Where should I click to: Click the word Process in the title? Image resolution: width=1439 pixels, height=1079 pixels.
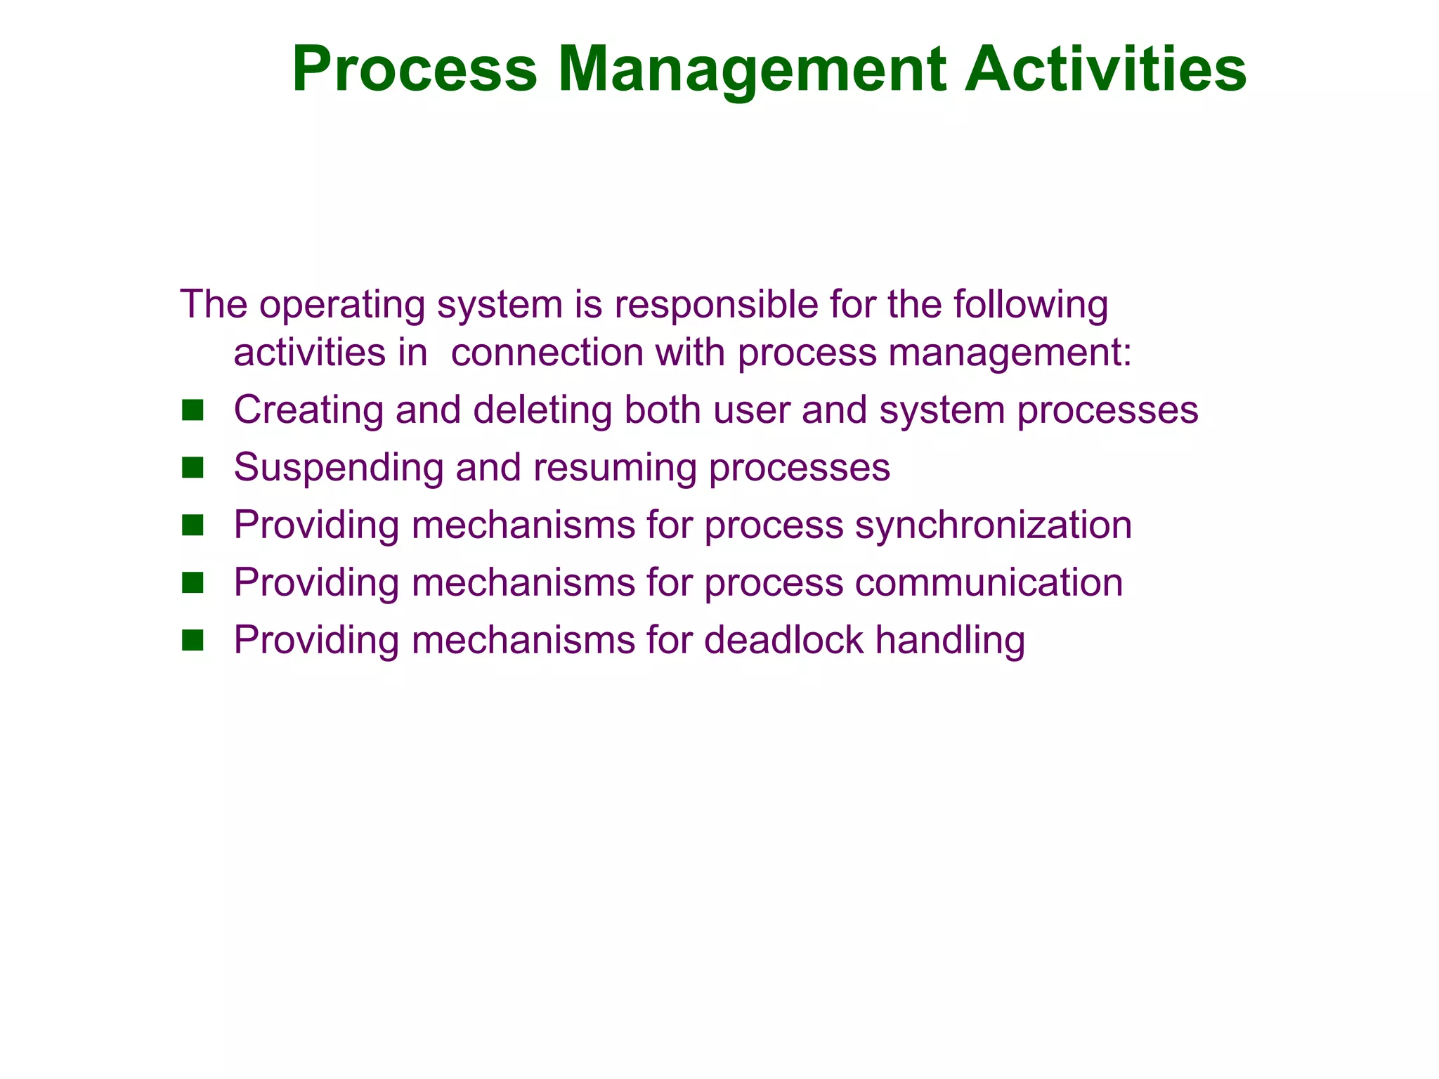[415, 69]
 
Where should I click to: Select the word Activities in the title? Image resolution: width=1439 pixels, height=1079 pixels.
[1105, 69]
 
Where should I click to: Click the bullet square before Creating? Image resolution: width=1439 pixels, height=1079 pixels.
[192, 410]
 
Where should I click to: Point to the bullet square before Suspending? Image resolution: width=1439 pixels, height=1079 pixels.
[192, 468]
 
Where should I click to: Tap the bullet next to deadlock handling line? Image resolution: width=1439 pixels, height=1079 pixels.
[192, 641]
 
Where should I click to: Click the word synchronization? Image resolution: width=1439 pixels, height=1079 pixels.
[993, 525]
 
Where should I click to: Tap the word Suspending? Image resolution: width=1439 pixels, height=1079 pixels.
[338, 469]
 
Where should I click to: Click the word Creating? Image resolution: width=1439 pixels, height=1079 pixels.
[308, 412]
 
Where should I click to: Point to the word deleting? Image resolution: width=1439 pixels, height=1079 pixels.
[542, 412]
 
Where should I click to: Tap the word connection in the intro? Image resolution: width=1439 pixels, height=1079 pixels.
[547, 353]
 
